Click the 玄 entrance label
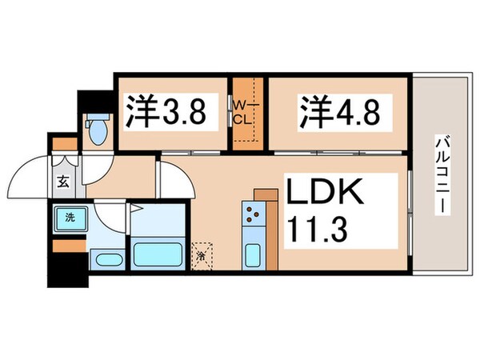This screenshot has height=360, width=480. (62, 180)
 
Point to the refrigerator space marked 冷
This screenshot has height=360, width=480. (202, 255)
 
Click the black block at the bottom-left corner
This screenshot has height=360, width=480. (60, 270)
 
